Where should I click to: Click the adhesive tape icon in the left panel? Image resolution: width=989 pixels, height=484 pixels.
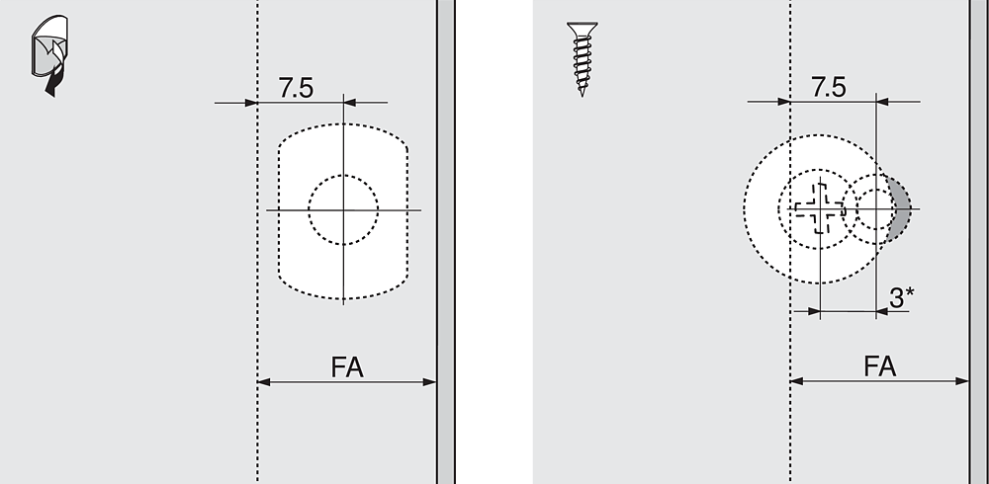[49, 55]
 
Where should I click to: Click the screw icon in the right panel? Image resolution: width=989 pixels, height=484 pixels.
[583, 58]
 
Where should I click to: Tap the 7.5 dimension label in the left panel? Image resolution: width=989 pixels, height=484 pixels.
[296, 88]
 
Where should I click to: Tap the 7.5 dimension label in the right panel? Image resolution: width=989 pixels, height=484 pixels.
[829, 88]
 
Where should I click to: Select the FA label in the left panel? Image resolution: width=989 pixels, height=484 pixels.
[347, 367]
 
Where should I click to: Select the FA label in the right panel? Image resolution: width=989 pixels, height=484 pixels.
[880, 366]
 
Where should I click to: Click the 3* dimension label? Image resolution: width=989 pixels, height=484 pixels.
[902, 297]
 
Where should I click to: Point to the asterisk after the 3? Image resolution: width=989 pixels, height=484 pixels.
[910, 291]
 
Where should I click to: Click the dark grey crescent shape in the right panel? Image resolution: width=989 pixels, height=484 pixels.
[901, 208]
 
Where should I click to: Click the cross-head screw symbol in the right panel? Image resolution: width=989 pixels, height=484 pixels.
[819, 208]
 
